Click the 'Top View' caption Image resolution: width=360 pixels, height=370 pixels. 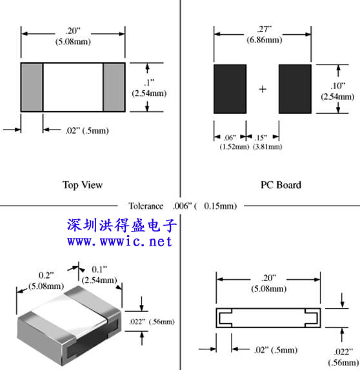[83, 185]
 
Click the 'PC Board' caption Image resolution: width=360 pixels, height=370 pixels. [281, 185]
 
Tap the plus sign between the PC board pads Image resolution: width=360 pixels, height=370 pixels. [263, 89]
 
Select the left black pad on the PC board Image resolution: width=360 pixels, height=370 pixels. [230, 89]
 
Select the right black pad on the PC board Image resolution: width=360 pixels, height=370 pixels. [295, 89]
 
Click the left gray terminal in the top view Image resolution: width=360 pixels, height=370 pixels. [32, 87]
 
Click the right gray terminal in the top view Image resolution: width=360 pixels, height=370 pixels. [114, 87]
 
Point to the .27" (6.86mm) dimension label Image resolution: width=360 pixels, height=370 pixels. [265, 34]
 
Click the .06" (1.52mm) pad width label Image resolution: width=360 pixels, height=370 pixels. [234, 142]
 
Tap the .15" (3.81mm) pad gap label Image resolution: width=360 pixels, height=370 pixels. [267, 142]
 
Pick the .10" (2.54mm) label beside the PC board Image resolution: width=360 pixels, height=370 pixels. [337, 91]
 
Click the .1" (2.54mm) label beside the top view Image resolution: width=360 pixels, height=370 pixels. [149, 88]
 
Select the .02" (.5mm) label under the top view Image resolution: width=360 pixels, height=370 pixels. [87, 130]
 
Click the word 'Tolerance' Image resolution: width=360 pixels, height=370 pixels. [146, 206]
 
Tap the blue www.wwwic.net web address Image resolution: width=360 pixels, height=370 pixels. [119, 241]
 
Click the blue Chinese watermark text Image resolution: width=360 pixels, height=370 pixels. [122, 225]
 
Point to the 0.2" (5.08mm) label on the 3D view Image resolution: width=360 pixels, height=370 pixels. [46, 280]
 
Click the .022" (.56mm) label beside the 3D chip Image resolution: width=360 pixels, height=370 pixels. [152, 322]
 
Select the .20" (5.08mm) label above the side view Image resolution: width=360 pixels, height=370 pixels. [269, 283]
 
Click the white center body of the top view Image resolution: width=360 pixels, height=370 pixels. [73, 87]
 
